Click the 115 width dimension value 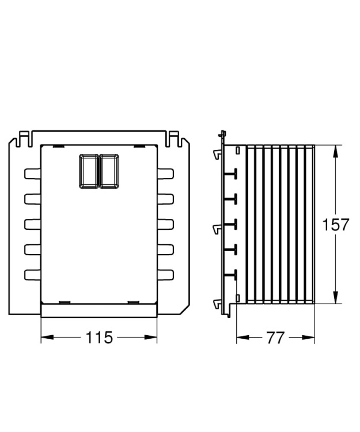click(x=99, y=338)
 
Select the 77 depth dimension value click(x=276, y=338)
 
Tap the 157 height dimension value click(x=335, y=225)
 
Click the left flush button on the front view click(x=88, y=170)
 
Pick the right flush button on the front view click(x=109, y=170)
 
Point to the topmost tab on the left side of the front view click(x=32, y=173)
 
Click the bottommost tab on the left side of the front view click(x=32, y=274)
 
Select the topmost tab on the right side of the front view click(x=165, y=173)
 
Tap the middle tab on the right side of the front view click(x=165, y=223)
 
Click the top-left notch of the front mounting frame click(x=22, y=138)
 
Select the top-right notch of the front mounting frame click(x=175, y=138)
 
